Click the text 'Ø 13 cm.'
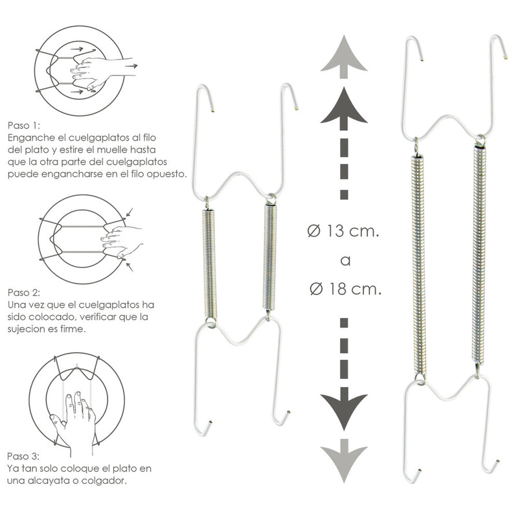(x=343, y=232)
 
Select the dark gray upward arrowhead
(x=343, y=107)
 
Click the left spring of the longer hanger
(x=419, y=262)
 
